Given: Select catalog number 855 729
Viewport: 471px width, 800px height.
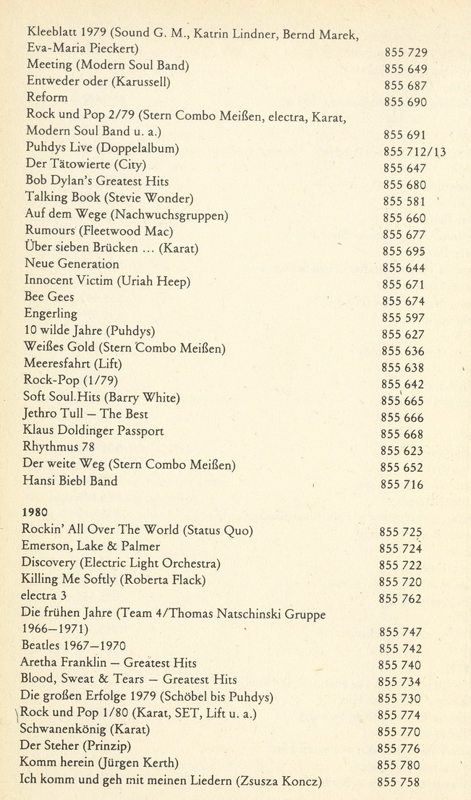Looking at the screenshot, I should [x=406, y=52].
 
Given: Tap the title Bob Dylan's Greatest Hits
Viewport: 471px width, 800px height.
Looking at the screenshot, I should [x=97, y=181].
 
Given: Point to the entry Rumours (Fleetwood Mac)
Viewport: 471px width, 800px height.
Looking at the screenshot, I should [x=99, y=231].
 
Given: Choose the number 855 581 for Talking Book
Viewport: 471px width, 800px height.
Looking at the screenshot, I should [x=404, y=201].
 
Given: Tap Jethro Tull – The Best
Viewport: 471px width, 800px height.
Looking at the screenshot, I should [x=85, y=414].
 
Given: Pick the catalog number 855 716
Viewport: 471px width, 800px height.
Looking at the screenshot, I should [x=402, y=485].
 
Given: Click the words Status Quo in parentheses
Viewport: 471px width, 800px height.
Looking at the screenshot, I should [x=217, y=530].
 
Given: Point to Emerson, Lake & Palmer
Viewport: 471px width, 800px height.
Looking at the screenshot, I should [x=91, y=547].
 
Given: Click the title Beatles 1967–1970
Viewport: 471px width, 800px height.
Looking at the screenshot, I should [x=74, y=646].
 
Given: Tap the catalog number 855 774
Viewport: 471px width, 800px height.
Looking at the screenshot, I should [x=399, y=715].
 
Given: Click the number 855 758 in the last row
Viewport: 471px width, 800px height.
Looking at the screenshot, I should [x=398, y=782].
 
